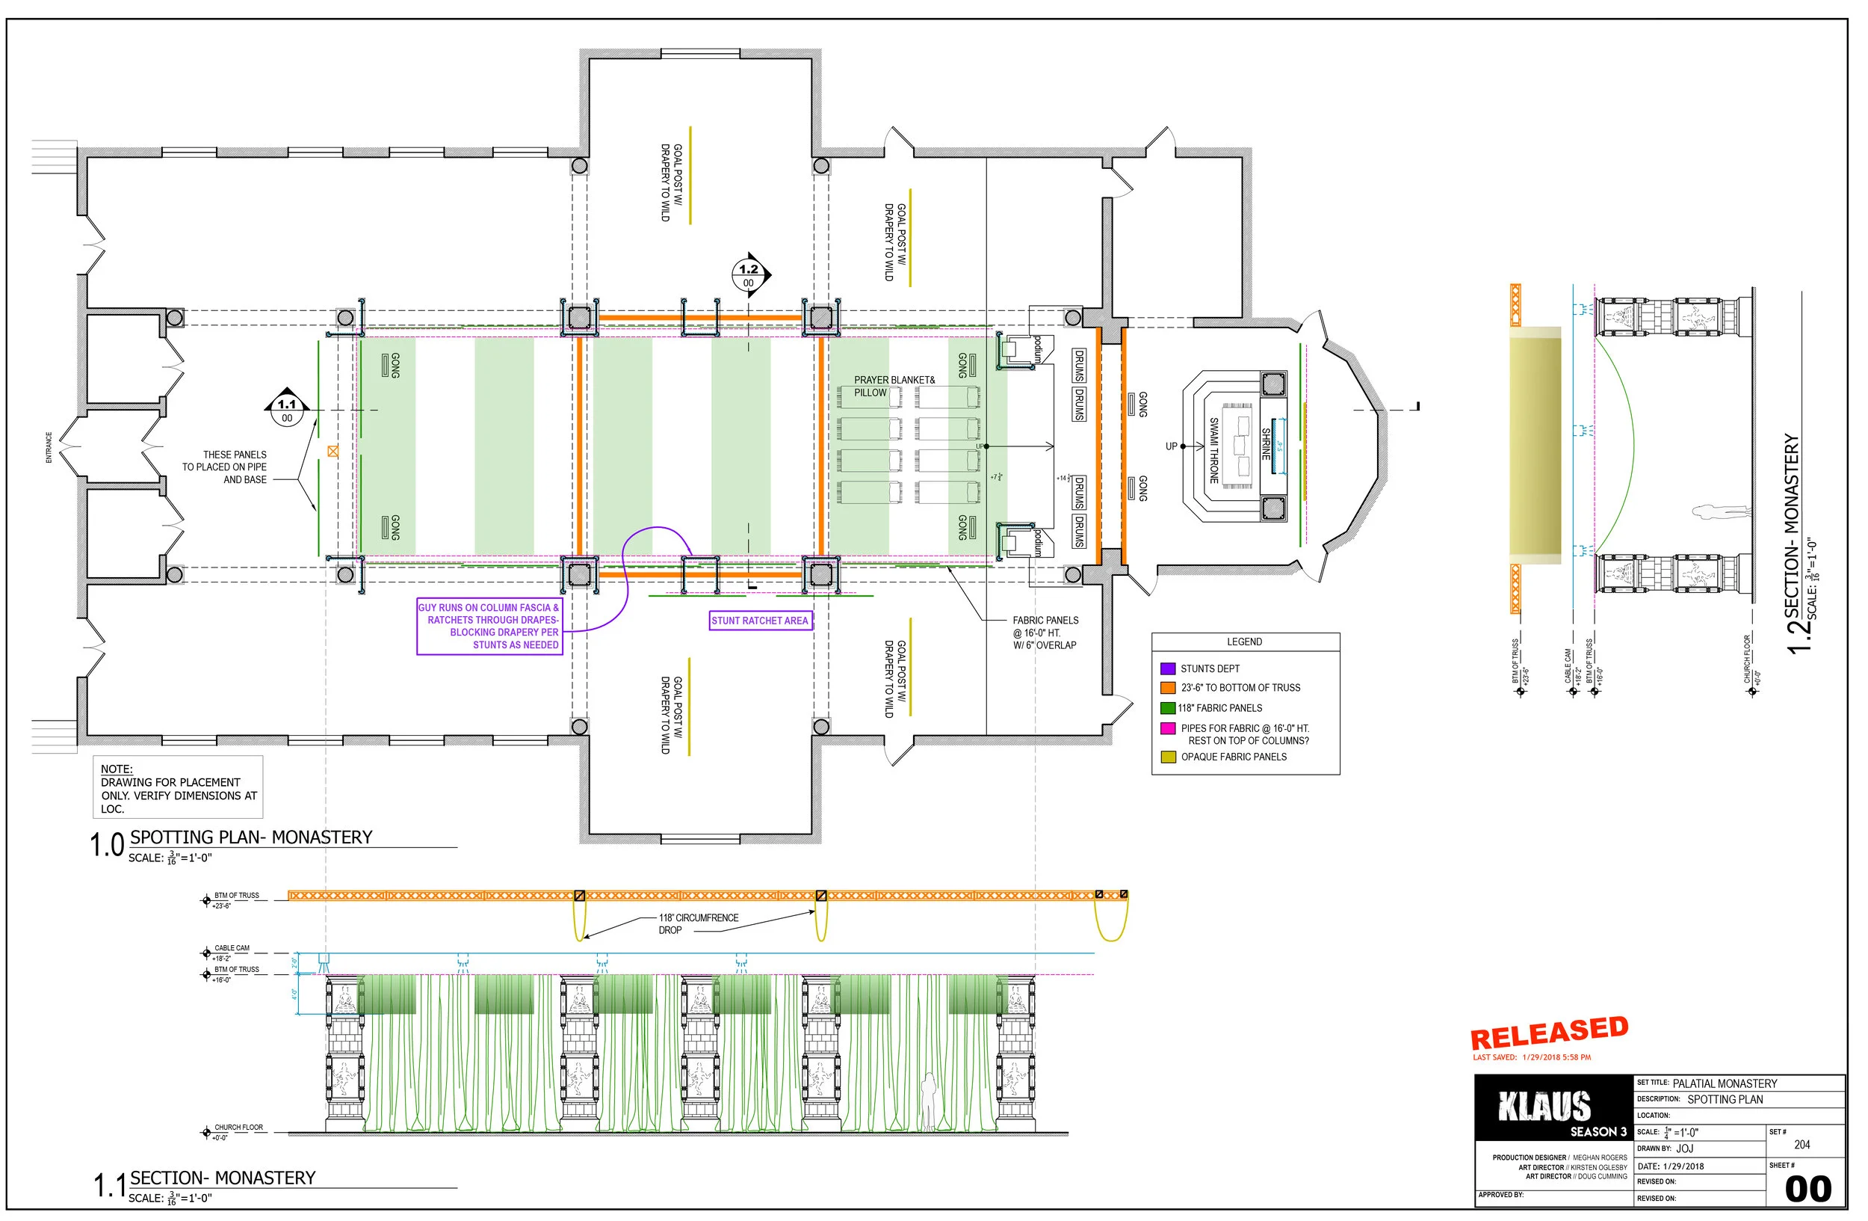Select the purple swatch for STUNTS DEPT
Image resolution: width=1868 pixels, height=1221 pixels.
point(1167,668)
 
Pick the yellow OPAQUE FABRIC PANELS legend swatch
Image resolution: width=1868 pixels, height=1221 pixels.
point(1167,757)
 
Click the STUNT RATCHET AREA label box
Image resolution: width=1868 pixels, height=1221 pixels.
point(759,621)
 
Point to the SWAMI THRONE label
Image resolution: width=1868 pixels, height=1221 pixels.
point(1213,450)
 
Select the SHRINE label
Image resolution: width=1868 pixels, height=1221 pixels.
point(1265,443)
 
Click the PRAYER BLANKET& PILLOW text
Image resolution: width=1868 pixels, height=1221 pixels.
point(893,386)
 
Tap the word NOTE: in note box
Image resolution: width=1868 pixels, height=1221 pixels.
point(116,769)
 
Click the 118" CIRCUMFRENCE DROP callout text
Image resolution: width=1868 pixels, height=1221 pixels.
point(698,923)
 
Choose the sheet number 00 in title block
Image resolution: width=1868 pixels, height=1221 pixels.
point(1807,1189)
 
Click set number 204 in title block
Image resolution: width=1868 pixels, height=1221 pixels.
point(1801,1144)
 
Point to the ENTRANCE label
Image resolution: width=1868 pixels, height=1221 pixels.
point(49,447)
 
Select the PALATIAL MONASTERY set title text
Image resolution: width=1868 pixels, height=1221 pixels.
point(1725,1083)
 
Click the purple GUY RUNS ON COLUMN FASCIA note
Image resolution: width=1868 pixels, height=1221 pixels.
point(489,626)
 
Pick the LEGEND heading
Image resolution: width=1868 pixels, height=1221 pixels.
point(1244,642)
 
